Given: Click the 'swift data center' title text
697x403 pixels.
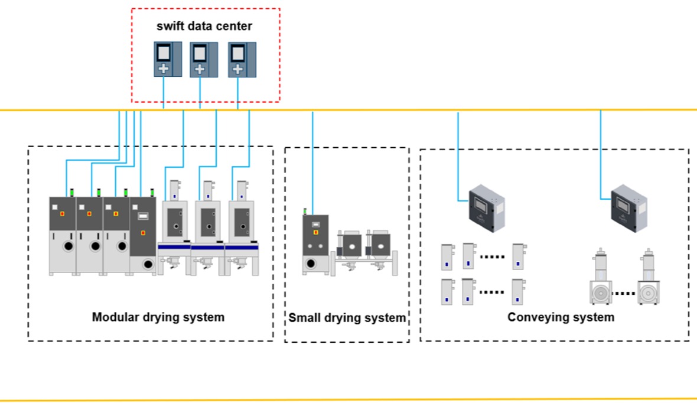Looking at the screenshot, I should (x=205, y=27).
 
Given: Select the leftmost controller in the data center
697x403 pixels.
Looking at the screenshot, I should (x=163, y=58).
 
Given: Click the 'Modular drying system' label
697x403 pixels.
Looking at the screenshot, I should (x=158, y=317).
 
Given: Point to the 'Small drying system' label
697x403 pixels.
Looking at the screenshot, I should (x=347, y=318).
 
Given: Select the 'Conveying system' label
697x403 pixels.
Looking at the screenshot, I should (x=561, y=317).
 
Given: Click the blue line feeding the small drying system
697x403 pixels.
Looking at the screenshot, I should (x=312, y=160).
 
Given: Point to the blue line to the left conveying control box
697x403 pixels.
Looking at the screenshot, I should (x=458, y=154).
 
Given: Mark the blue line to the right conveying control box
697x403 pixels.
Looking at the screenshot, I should (x=601, y=154).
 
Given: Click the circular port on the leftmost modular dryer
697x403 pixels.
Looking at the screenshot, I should (x=68, y=245).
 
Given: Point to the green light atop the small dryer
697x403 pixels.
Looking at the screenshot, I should (x=305, y=210).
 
